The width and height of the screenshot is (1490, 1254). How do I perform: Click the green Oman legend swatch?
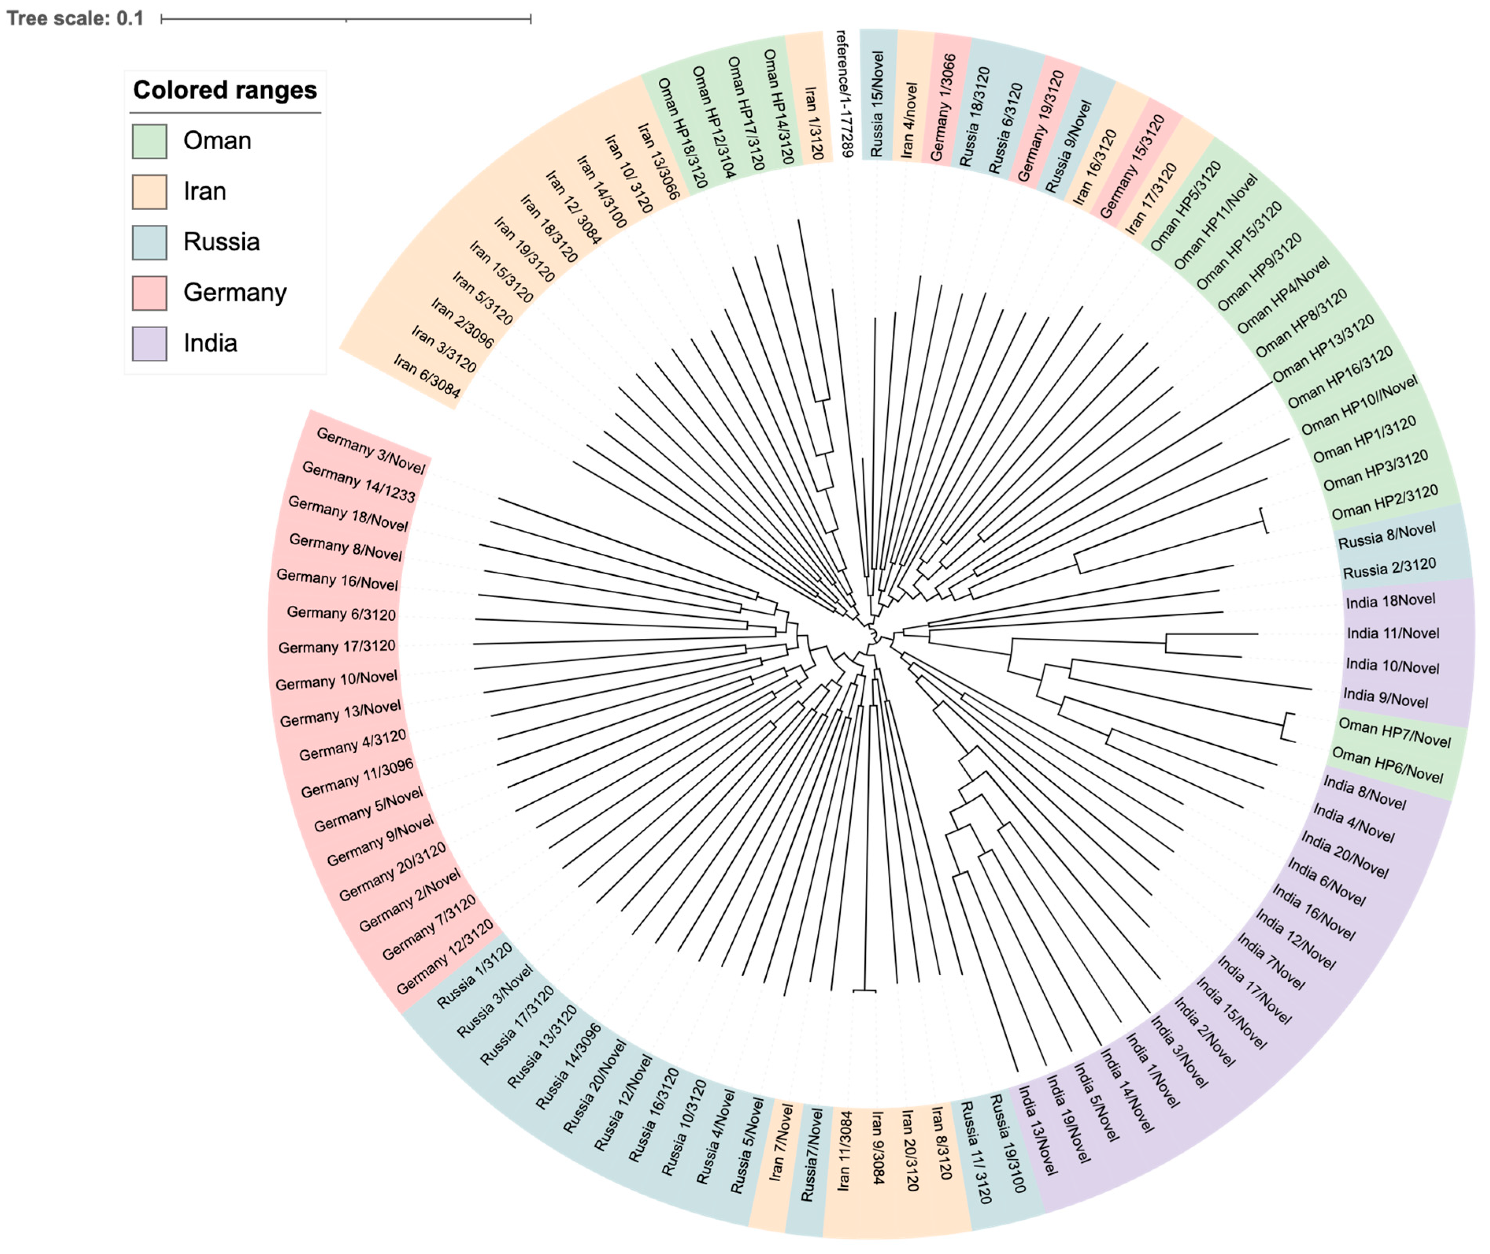149,141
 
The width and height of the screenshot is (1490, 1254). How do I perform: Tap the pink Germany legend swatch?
149,293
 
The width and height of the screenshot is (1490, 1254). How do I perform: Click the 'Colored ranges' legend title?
225,90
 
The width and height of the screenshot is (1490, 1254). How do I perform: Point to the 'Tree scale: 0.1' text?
75,18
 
